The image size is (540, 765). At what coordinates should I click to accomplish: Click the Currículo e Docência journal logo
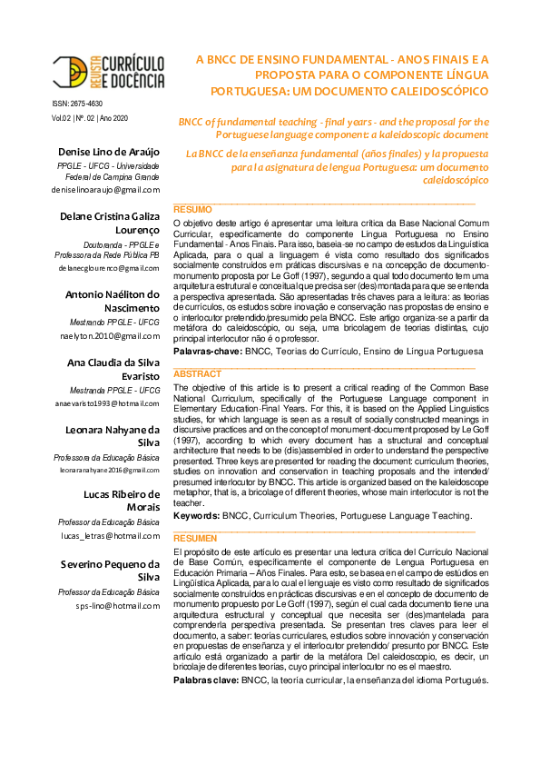[x=107, y=71]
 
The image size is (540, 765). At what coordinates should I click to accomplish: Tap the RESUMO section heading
[x=192, y=209]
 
